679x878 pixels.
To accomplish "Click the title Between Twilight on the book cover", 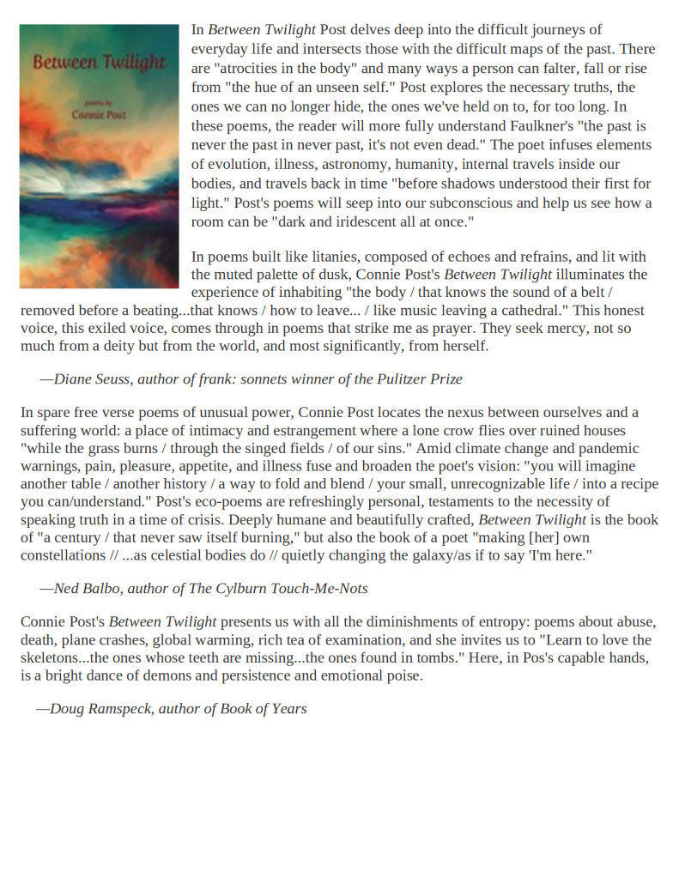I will pos(99,63).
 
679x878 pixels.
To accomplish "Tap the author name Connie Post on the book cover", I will pos(99,113).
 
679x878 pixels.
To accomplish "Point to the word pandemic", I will pos(606,448).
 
